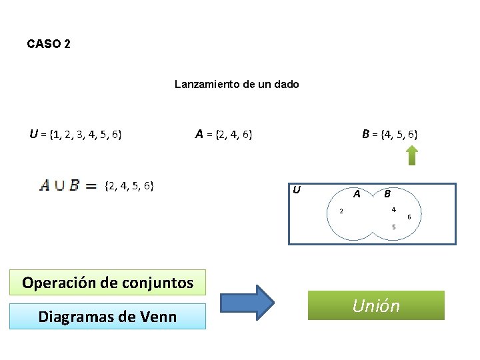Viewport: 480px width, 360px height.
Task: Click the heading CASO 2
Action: [49, 44]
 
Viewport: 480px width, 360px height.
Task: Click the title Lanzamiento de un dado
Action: [237, 85]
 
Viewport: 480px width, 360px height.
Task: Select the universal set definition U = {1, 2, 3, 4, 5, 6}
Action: [75, 135]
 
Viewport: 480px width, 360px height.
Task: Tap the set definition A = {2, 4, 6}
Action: [223, 135]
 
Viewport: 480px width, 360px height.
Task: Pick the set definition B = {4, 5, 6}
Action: [390, 135]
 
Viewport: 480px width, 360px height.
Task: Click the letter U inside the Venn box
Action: [297, 190]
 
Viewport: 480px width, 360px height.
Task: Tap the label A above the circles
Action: [357, 194]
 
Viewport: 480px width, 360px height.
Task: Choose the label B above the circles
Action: [387, 194]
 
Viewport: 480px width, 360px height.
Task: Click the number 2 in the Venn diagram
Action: [341, 212]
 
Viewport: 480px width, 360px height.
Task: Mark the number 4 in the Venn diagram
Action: [394, 210]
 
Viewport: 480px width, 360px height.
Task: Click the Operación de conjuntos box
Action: [107, 282]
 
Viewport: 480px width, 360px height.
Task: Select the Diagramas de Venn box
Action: [107, 316]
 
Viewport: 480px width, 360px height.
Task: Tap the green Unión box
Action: [376, 305]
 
